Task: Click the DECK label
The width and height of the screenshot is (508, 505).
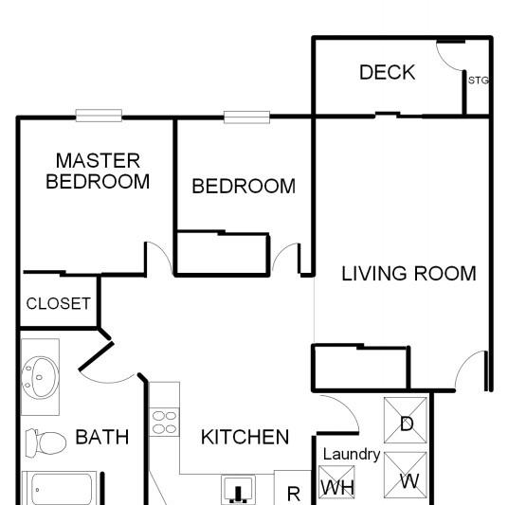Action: coord(387,72)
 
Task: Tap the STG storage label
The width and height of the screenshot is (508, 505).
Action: coord(479,80)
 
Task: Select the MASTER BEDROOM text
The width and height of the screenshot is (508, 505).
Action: coord(98,171)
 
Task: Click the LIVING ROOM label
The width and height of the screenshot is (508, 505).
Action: coord(408,274)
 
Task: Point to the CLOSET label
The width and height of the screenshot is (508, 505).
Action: coord(59,303)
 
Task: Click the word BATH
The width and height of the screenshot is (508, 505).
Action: coord(102,437)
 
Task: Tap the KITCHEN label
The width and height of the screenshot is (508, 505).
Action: coord(245,437)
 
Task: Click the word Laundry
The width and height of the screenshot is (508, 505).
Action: coord(352,455)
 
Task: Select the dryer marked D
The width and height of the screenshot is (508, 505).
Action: coord(406,420)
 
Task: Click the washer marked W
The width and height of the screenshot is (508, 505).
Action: coord(406,475)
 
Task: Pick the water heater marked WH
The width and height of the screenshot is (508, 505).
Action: coord(336,482)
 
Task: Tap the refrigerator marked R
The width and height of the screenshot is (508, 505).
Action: coord(294,494)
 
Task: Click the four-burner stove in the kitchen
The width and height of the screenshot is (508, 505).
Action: coord(165,422)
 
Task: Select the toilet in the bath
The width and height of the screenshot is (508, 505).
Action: coord(46,442)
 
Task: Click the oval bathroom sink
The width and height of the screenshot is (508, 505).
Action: coord(40,377)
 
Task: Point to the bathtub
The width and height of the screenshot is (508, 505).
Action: coord(60,488)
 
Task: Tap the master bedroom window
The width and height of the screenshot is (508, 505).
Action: coord(99,116)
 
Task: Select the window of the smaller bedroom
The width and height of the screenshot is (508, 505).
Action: coord(246,117)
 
